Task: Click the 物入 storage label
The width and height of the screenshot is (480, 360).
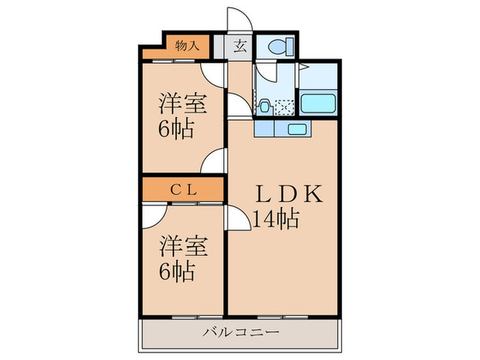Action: (x=187, y=46)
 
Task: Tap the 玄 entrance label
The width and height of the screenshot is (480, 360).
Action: (x=240, y=47)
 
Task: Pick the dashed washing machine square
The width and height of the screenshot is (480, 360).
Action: (x=285, y=107)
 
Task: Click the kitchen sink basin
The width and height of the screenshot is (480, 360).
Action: (x=298, y=129)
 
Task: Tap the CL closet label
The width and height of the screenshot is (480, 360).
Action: (x=183, y=191)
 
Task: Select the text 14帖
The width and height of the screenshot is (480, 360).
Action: (x=274, y=219)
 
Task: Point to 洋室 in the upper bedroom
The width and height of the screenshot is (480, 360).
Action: (x=183, y=104)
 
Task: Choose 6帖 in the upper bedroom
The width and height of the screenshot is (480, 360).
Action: (x=177, y=129)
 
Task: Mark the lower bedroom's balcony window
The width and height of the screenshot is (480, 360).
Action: (x=183, y=317)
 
